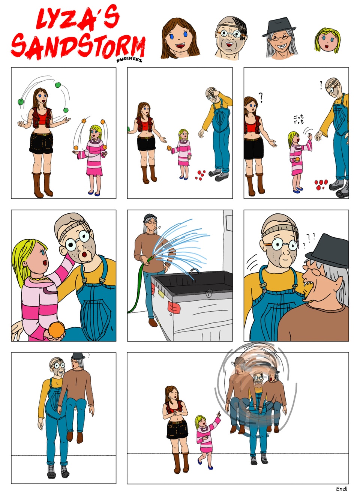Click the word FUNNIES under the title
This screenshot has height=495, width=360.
click(x=129, y=59)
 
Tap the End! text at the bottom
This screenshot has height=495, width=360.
click(x=342, y=489)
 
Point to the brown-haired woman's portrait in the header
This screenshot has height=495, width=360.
click(x=179, y=37)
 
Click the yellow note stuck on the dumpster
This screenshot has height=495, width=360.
click(x=162, y=293)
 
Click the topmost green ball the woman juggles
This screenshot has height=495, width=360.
click(x=58, y=85)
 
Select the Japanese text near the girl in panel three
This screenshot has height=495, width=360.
click(x=299, y=119)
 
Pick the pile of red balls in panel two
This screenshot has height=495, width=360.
click(x=201, y=174)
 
